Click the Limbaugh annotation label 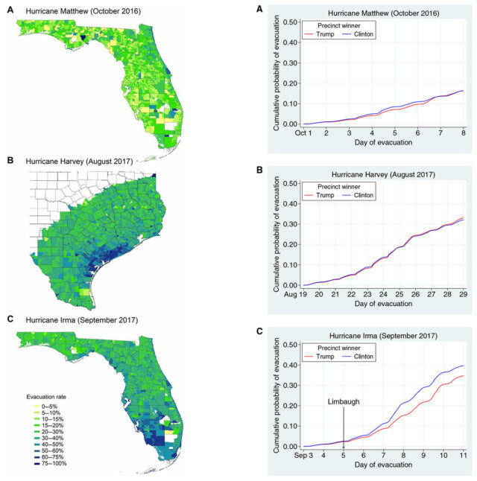pos(343,402)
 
